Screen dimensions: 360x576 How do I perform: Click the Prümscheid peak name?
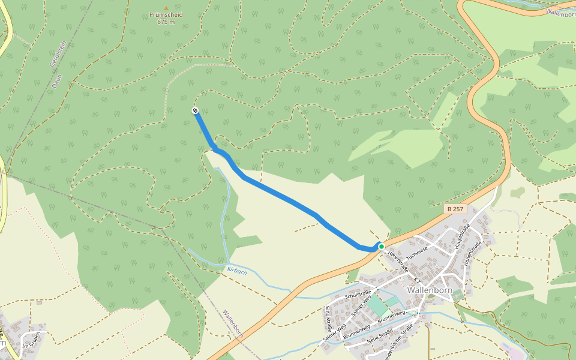pyautogui.click(x=166, y=14)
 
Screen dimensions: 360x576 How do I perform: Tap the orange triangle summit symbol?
pyautogui.click(x=166, y=8)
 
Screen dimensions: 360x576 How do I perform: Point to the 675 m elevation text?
pyautogui.click(x=166, y=22)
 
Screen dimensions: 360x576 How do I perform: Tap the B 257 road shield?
pyautogui.click(x=455, y=209)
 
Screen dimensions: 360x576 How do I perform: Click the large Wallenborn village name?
pyautogui.click(x=431, y=289)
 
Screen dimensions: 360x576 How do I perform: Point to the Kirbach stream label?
pyautogui.click(x=237, y=271)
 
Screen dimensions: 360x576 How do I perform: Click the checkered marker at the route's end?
pyautogui.click(x=195, y=110)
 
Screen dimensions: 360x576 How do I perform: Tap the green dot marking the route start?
pyautogui.click(x=381, y=246)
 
